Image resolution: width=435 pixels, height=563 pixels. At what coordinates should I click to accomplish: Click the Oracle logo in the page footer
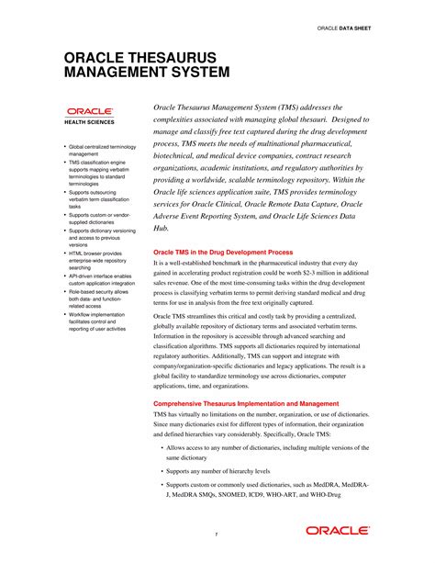339,530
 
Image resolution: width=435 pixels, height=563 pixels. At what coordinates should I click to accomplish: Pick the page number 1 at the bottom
217,535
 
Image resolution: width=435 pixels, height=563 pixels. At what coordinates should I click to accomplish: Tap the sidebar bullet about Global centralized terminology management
100,151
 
